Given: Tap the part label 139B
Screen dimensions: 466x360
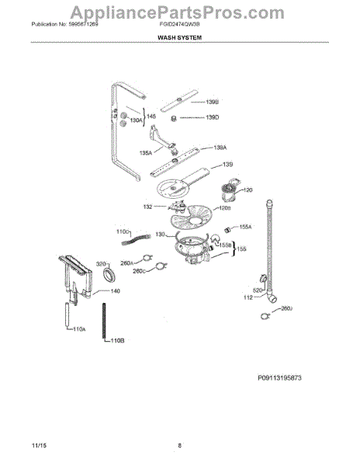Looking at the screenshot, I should (212, 102).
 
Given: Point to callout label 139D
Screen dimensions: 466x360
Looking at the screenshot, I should (212, 117).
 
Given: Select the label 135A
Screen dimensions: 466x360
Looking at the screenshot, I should (145, 153).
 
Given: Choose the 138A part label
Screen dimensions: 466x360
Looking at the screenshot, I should (220, 147).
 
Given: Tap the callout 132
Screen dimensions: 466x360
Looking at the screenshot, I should (147, 208).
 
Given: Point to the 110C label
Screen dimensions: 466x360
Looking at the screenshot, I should (122, 231).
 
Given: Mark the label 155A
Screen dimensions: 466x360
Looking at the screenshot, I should (245, 227).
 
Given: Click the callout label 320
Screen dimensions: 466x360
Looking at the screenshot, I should (100, 264).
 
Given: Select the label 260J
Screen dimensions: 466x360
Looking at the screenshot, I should (286, 308).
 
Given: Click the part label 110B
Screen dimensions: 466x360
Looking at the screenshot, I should (117, 341).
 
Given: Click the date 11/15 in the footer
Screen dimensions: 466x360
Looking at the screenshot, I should (37, 445).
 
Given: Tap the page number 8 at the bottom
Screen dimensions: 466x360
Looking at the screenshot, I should (179, 445).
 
